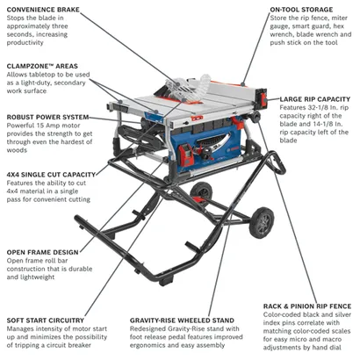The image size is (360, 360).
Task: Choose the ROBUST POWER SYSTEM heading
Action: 47,116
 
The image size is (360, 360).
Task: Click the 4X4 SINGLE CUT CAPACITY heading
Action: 50,174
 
